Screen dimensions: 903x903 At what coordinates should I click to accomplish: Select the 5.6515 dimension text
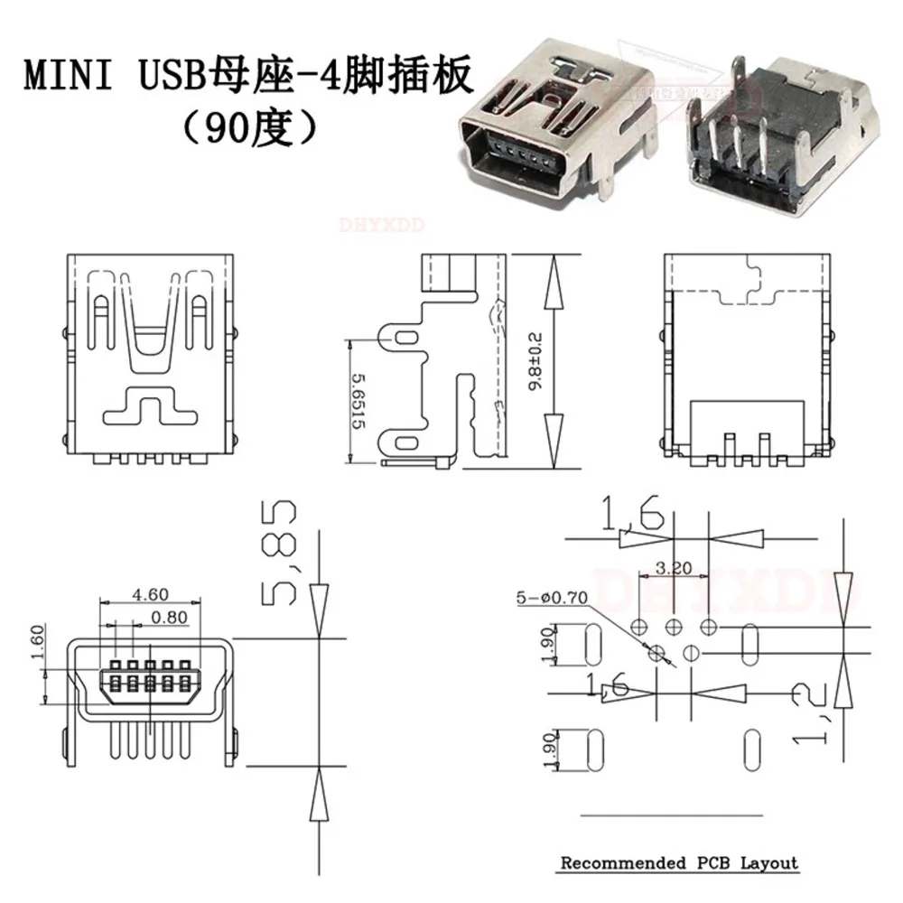[360, 402]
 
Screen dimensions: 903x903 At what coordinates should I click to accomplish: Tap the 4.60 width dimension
[150, 595]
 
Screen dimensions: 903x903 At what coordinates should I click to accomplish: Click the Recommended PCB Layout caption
[679, 862]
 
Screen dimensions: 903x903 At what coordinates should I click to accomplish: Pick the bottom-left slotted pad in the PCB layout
[593, 749]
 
